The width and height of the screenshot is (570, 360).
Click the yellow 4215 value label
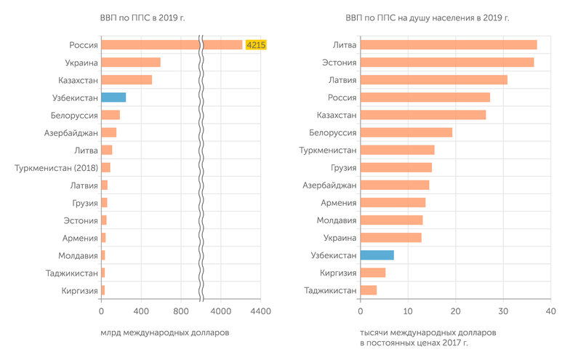click(x=257, y=45)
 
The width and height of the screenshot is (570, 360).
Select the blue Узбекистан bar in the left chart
click(x=113, y=97)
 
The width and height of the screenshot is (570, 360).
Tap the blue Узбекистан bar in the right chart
click(x=377, y=255)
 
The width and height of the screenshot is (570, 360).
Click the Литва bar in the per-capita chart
click(x=449, y=45)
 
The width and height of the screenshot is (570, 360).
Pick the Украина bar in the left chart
click(x=131, y=63)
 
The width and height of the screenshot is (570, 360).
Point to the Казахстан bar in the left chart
click(x=127, y=80)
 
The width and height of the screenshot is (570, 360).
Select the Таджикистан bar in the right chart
click(x=369, y=290)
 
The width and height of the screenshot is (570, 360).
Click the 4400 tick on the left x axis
click(x=260, y=311)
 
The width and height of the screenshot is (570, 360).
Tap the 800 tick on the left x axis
click(x=182, y=311)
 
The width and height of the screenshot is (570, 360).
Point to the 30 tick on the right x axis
click(x=503, y=311)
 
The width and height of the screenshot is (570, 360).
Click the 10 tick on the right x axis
click(x=408, y=311)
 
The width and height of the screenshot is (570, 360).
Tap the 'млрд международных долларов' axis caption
click(x=164, y=332)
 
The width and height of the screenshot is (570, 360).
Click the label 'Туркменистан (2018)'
click(x=56, y=168)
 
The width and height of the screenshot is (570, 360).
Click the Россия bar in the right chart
click(x=425, y=97)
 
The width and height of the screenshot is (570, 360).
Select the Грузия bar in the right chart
click(x=396, y=167)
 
